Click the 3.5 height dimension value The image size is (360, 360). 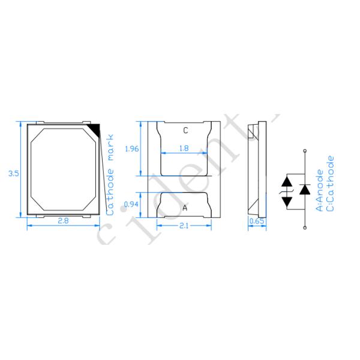click(x=13, y=173)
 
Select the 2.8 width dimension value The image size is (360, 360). click(x=63, y=221)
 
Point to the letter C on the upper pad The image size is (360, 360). click(x=185, y=130)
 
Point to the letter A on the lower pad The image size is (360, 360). click(x=184, y=208)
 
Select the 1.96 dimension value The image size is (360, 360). click(x=130, y=149)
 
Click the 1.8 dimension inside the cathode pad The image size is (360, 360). click(x=184, y=148)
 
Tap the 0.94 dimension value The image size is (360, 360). click(x=130, y=204)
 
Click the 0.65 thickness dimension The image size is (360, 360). click(x=256, y=221)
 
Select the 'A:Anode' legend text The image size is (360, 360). click(x=321, y=190)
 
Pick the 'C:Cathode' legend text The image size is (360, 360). click(x=331, y=183)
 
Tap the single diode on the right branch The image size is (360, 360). click(x=305, y=190)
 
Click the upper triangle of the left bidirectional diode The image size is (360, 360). click(x=287, y=180)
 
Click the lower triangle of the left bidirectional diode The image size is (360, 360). click(x=287, y=201)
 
